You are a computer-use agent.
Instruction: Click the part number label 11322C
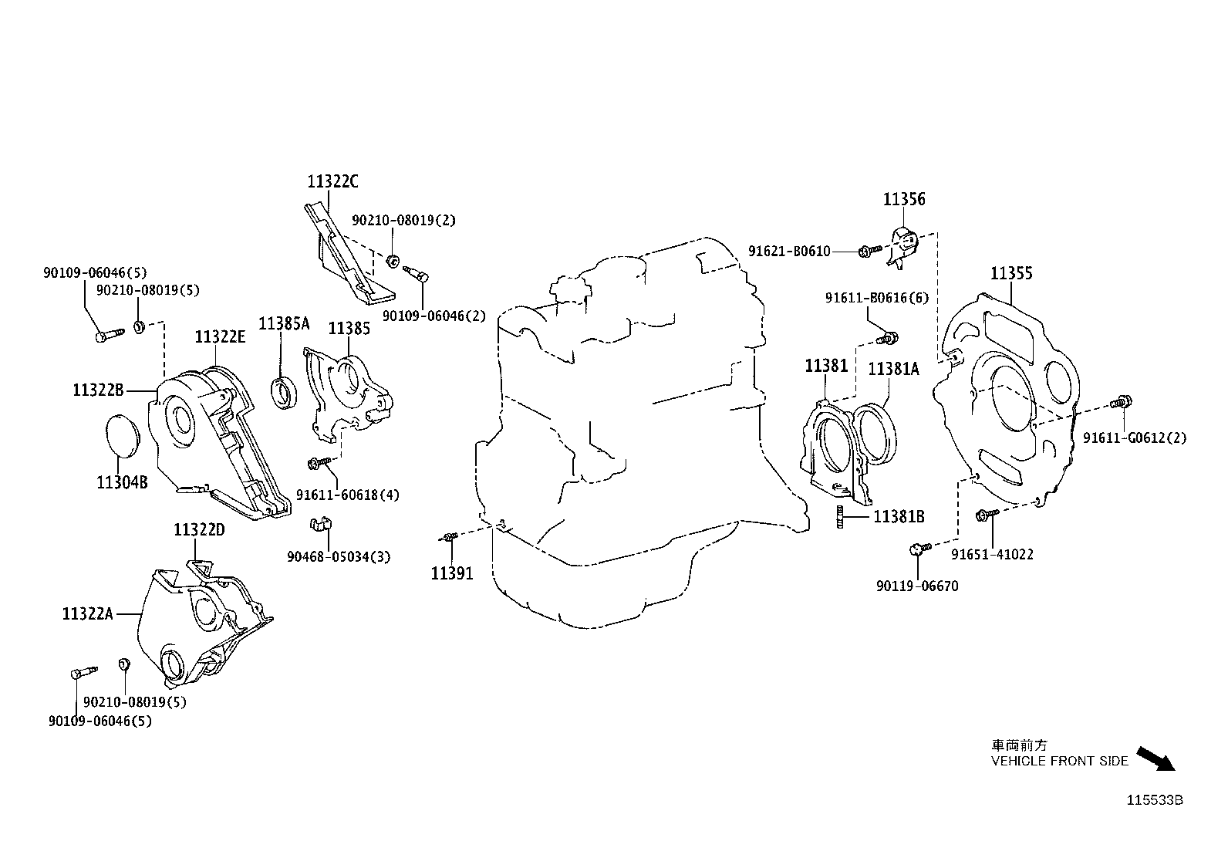332,181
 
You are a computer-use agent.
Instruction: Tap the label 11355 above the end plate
1011,273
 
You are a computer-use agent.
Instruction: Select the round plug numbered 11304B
122,435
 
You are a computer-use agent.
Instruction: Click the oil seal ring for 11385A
285,392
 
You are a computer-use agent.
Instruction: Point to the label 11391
452,573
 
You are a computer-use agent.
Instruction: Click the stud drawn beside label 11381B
840,517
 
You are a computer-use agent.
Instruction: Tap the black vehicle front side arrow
1155,758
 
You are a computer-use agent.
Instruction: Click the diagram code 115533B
1155,800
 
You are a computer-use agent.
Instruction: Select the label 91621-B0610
789,252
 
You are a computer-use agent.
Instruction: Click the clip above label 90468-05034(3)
321,524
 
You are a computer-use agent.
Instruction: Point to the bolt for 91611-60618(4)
319,464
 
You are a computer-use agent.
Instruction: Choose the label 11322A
88,613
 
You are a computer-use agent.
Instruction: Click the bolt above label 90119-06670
920,548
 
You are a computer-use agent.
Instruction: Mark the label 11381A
893,369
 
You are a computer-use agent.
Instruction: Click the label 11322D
199,530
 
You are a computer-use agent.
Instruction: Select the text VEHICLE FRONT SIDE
1060,761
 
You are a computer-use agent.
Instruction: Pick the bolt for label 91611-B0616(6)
887,339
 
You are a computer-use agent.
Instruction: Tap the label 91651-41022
992,555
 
